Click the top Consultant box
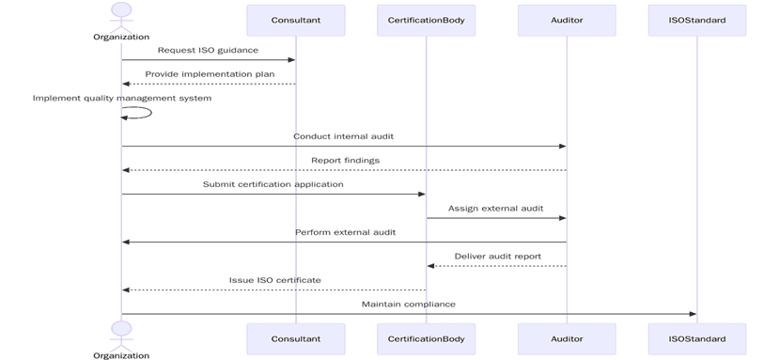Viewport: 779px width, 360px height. point(295,20)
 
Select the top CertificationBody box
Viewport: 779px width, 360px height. point(426,20)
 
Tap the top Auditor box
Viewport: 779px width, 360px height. point(567,20)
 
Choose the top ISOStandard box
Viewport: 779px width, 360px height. point(696,20)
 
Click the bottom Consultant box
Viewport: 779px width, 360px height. point(295,338)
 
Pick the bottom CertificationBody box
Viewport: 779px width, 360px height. point(426,338)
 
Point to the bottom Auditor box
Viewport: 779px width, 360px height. point(567,338)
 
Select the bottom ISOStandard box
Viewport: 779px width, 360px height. point(696,338)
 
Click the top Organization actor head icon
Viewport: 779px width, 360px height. point(121,9)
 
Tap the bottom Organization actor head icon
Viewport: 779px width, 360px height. point(121,328)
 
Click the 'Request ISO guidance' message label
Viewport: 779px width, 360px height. point(208,50)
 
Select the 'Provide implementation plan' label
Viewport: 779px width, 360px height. point(208,73)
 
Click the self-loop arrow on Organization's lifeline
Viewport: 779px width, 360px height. point(141,113)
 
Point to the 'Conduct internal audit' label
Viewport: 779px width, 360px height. point(344,136)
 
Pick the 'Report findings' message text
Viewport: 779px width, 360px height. point(345,161)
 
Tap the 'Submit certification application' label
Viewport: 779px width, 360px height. point(273,184)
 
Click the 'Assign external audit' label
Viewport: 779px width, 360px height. point(495,208)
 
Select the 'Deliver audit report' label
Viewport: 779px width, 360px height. point(497,256)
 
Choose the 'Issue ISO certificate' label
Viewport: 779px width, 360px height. point(274,280)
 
